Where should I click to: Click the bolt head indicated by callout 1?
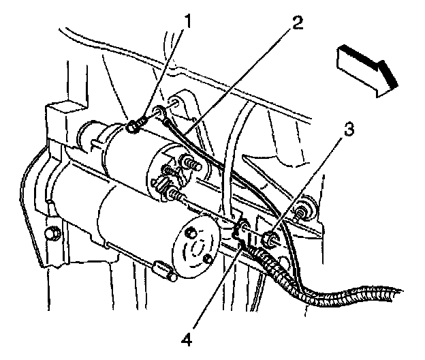click(133, 126)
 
